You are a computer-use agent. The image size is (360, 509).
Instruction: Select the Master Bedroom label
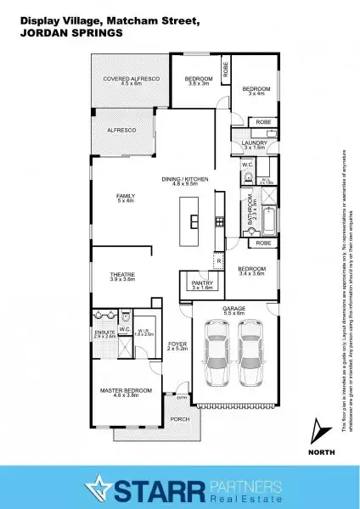pos(126,392)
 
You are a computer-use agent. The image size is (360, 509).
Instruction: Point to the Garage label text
pos(233,310)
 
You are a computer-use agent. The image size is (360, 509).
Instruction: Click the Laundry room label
pos(254,144)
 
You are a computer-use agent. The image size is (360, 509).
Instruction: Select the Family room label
pos(126,198)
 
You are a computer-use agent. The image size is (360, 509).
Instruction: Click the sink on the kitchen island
pos(194,222)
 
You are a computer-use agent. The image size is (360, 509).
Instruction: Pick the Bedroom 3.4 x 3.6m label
pos(253,271)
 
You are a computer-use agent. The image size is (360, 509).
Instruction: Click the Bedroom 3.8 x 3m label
pos(198,81)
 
